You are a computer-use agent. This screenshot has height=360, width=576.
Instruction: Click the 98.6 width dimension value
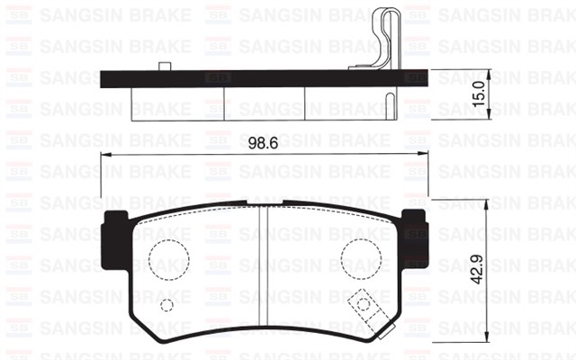pos(262,142)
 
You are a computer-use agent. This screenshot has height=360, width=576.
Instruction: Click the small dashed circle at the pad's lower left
pos(166,304)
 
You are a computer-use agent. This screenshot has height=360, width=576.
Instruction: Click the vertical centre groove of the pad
pos(261,270)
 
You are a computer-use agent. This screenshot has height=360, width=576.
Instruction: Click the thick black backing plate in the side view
pos(252,79)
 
